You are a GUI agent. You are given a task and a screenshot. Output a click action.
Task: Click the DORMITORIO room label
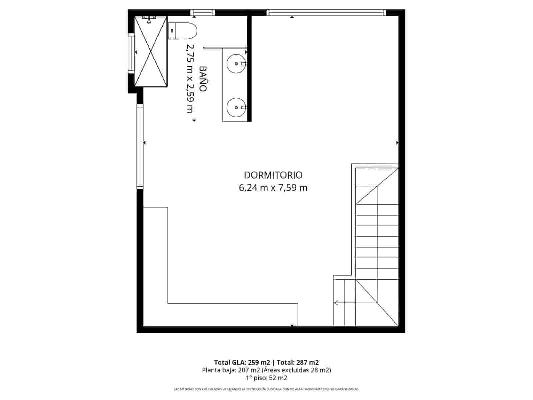[x=273, y=175]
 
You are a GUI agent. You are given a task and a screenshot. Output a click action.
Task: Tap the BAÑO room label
[x=203, y=79]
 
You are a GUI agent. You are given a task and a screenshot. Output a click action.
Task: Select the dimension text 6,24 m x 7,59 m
[x=273, y=188]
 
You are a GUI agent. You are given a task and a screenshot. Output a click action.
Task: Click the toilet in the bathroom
[x=182, y=31]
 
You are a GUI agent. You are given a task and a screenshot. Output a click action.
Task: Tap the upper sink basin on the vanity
[x=236, y=63]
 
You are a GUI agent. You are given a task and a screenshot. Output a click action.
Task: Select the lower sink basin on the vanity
[x=236, y=107]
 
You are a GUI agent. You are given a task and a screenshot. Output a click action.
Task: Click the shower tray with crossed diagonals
[x=151, y=52]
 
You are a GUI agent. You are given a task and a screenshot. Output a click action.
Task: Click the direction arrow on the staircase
[x=336, y=303]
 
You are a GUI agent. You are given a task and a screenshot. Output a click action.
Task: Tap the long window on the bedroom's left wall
[x=140, y=147]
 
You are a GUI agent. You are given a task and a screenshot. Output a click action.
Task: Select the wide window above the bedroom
[x=326, y=13]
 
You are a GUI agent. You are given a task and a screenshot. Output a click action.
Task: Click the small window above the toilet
[x=203, y=13]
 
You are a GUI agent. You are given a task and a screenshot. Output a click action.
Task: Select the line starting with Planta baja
[x=266, y=370]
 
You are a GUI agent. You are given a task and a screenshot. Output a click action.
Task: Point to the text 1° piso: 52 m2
[x=266, y=378]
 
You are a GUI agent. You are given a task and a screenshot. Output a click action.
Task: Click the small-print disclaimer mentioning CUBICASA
[x=266, y=389]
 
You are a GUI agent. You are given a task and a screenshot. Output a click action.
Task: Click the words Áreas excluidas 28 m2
[x=296, y=370]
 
